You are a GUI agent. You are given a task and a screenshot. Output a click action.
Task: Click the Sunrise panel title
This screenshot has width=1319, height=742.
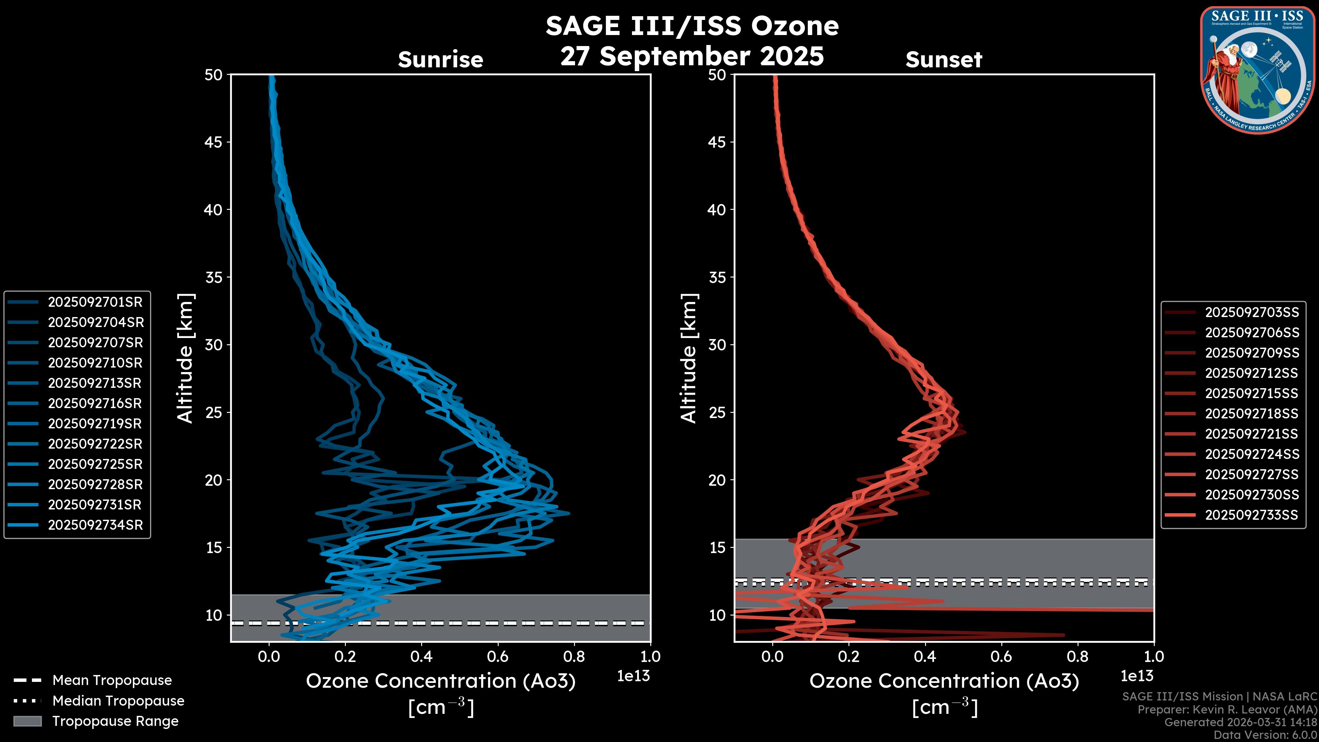coord(440,59)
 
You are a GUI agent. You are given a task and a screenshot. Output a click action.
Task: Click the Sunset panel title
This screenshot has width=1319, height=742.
coord(944,59)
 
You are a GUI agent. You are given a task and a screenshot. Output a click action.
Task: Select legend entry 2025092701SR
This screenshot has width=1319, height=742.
coord(95,302)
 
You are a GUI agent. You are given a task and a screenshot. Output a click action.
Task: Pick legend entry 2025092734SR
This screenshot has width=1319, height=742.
coord(95,525)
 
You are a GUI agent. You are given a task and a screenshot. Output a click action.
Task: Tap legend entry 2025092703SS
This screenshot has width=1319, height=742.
coord(1251,312)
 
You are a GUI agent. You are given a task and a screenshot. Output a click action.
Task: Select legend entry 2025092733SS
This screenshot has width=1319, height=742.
coord(1251,515)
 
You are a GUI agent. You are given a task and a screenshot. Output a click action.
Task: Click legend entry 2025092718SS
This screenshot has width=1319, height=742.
coord(1251,413)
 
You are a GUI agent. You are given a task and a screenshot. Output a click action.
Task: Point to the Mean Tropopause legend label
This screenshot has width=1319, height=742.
coord(112,680)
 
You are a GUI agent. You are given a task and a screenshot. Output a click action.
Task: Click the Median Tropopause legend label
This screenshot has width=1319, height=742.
coord(118,700)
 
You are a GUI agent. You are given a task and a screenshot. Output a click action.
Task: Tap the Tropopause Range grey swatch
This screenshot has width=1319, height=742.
coord(27,721)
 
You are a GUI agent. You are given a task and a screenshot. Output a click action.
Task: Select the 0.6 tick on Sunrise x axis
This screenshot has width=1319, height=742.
coord(498,656)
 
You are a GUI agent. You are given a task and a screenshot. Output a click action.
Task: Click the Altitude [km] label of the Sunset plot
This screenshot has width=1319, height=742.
coord(689,358)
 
